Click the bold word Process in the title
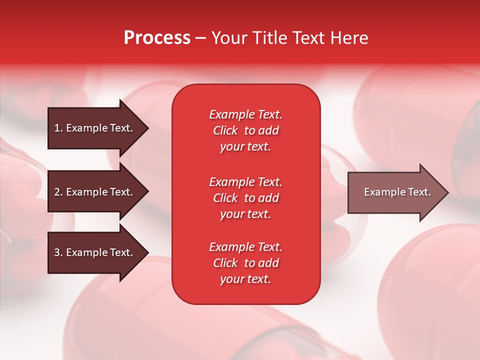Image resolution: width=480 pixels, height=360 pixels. [157, 38]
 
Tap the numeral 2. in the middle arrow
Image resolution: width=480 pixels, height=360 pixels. [58, 192]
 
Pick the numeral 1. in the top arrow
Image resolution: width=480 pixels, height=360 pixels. [58, 128]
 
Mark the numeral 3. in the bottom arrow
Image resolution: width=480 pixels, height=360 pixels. [58, 252]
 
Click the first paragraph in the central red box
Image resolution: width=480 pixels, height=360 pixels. [245, 130]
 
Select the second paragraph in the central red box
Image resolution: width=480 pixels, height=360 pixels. [245, 198]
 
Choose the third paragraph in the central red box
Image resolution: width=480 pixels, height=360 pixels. [245, 263]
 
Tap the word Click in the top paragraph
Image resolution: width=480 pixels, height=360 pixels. [225, 130]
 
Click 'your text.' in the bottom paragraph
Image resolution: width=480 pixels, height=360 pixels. [245, 279]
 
